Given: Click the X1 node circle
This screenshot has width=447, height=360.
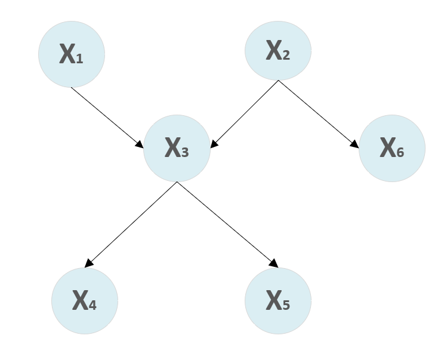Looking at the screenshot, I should click(72, 54).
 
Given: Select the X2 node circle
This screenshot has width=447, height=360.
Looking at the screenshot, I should click(278, 51).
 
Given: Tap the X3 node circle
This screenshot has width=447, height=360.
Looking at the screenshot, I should click(177, 148).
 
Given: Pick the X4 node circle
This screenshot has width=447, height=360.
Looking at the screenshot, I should click(85, 300).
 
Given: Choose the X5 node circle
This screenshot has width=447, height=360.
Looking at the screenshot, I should click(278, 300).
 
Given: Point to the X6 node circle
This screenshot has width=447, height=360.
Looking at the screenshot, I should click(392, 148).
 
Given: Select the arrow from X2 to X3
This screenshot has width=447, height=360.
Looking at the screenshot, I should click(245, 113).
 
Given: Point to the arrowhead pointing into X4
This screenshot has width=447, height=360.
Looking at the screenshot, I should click(88, 263).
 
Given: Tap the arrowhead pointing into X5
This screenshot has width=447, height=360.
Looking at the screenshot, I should click(275, 263).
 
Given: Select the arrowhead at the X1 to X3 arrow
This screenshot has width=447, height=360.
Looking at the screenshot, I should click(140, 144).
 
